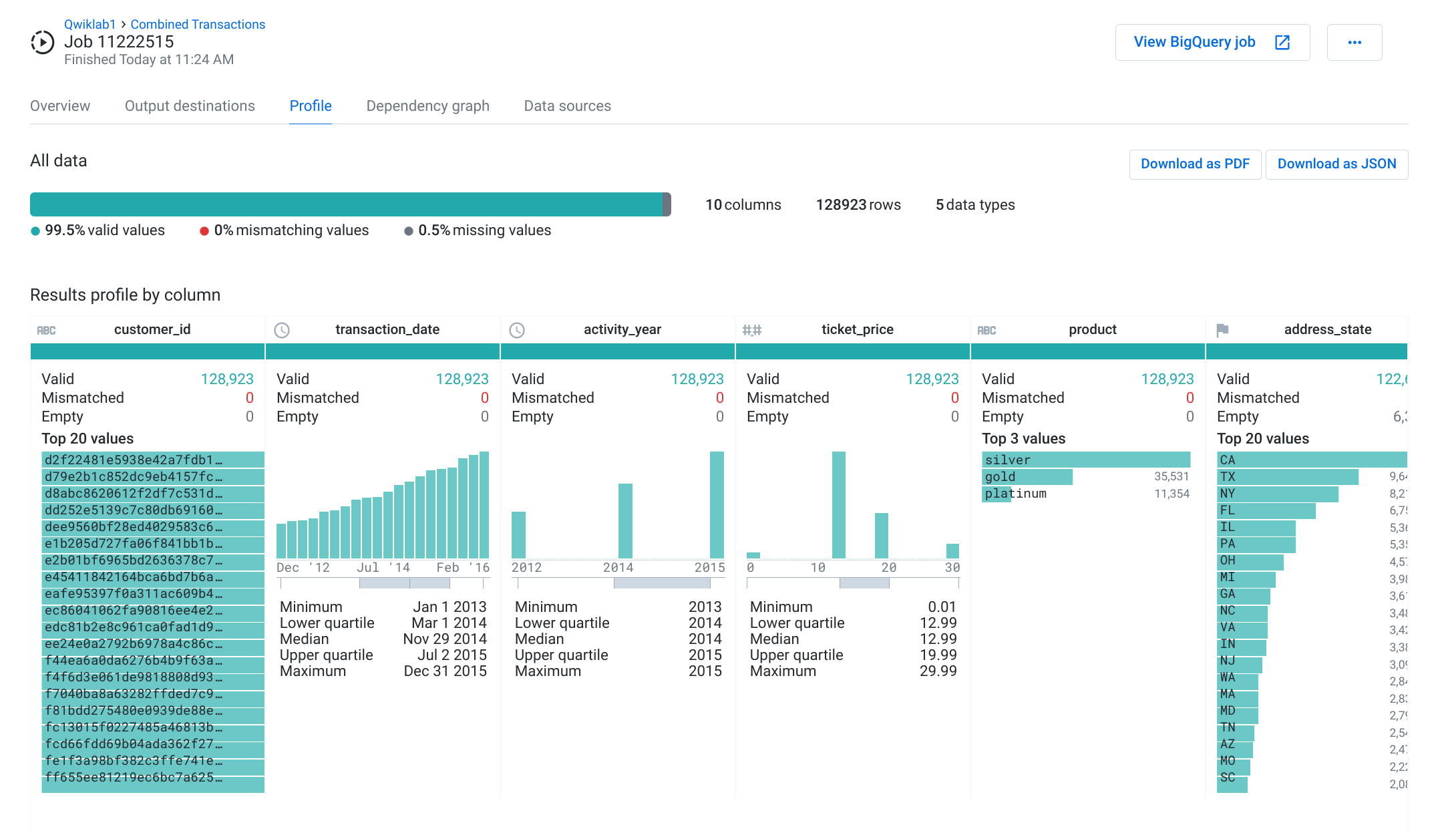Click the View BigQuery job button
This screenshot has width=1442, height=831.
pyautogui.click(x=1212, y=42)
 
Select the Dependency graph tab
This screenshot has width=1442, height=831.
pyautogui.click(x=427, y=106)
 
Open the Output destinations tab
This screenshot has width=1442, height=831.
pyautogui.click(x=190, y=106)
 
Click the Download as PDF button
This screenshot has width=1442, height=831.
pyautogui.click(x=1194, y=164)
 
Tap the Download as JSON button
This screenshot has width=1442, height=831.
pyautogui.click(x=1336, y=164)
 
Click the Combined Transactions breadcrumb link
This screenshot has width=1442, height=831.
pyautogui.click(x=198, y=24)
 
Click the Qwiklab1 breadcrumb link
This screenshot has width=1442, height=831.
pyautogui.click(x=89, y=24)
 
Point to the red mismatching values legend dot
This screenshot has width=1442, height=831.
pyautogui.click(x=204, y=231)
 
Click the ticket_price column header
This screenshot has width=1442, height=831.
pyautogui.click(x=857, y=329)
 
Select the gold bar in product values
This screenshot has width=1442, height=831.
pyautogui.click(x=1027, y=477)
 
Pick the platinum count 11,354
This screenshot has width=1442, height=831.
pyautogui.click(x=1171, y=494)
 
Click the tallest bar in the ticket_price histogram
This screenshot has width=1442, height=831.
pyautogui.click(x=838, y=504)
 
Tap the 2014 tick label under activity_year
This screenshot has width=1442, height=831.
pyautogui.click(x=618, y=567)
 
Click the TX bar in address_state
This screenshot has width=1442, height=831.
pyautogui.click(x=1286, y=477)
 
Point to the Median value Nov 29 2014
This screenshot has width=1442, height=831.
pyautogui.click(x=444, y=639)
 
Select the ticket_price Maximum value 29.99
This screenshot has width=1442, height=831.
pyautogui.click(x=938, y=671)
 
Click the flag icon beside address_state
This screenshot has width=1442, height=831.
pyautogui.click(x=1222, y=330)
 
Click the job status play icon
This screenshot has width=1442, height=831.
pyautogui.click(x=43, y=42)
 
